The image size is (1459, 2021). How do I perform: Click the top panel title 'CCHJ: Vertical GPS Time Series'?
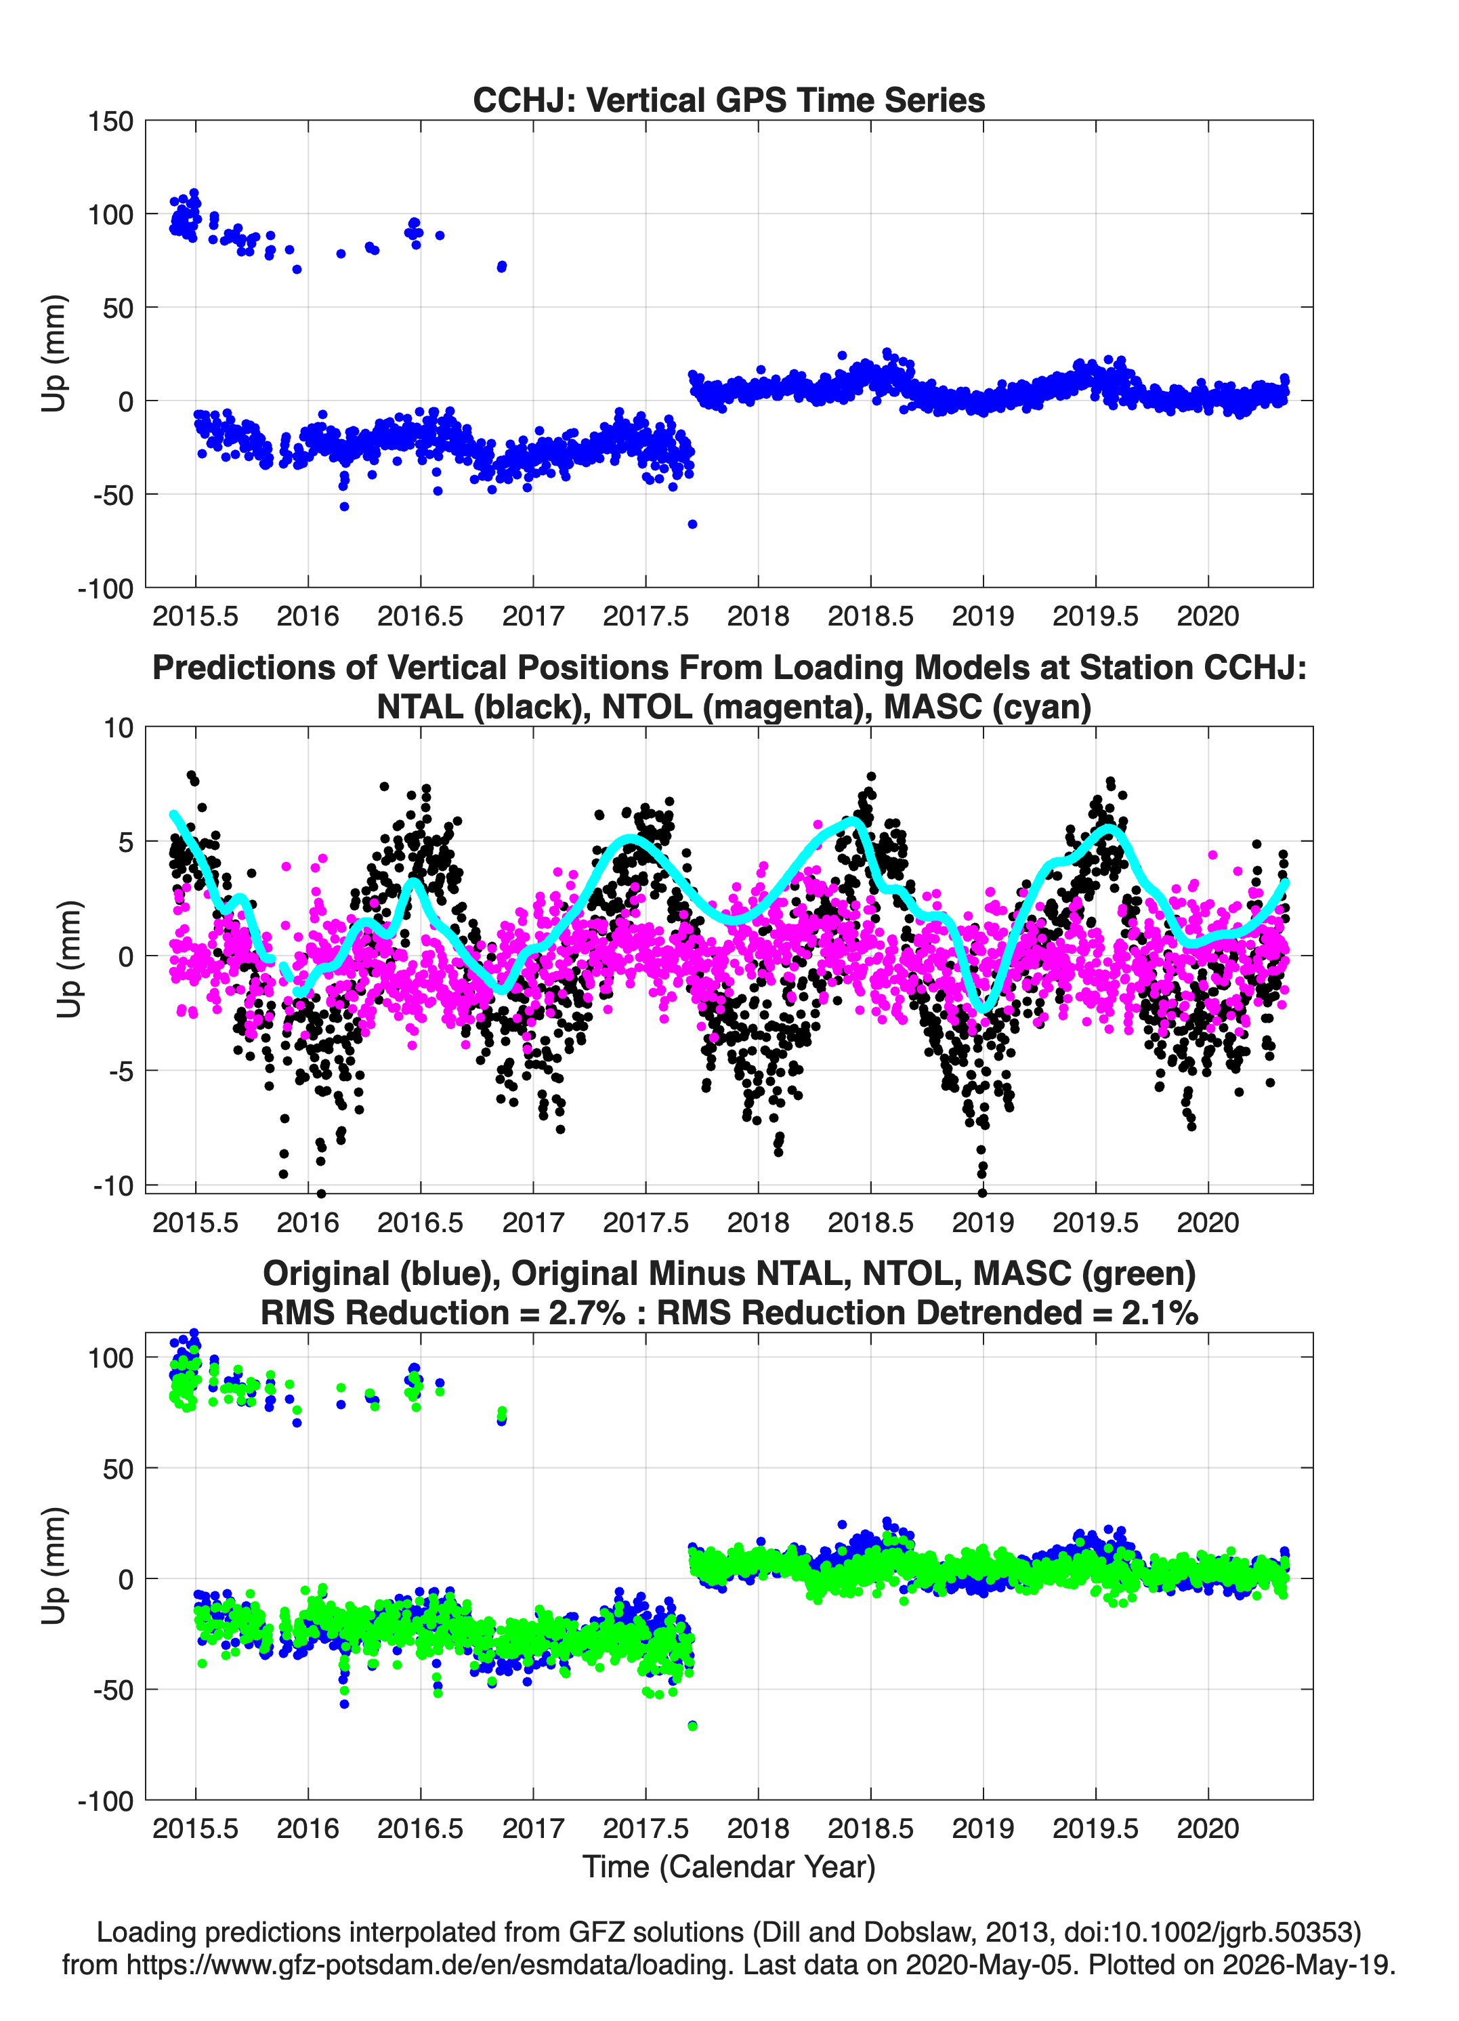click(729, 100)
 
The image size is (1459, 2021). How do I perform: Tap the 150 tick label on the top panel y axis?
click(110, 121)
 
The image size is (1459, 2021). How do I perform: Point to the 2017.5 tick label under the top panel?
click(646, 616)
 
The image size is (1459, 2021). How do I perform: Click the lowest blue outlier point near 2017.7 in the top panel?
click(692, 524)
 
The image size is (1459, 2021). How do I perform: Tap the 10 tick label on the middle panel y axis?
click(119, 728)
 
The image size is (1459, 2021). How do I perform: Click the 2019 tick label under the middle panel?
click(984, 1222)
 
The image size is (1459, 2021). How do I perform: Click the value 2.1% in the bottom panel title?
click(1160, 1313)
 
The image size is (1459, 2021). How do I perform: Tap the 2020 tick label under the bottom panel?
click(1208, 1828)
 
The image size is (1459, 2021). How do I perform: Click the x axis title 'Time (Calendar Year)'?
click(729, 1867)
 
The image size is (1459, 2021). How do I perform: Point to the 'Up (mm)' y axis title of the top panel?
click(54, 354)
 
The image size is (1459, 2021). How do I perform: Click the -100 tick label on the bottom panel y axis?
click(106, 1801)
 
